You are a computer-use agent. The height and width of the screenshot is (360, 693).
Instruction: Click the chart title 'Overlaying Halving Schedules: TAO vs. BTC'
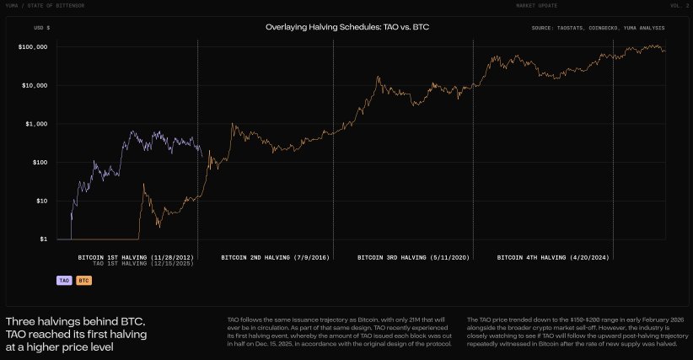(x=348, y=27)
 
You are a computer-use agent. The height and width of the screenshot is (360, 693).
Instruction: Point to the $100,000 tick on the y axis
(x=32, y=47)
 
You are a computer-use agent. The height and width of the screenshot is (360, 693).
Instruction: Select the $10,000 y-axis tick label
(x=34, y=85)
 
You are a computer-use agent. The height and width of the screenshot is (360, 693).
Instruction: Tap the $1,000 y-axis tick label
(x=35, y=124)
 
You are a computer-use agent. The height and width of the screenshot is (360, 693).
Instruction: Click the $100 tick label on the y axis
(x=37, y=163)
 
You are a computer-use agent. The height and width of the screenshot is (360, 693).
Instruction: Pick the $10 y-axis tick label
(x=40, y=201)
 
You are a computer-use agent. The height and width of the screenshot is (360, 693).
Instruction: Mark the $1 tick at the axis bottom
(x=42, y=239)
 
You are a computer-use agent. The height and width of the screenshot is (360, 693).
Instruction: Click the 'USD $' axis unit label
(x=41, y=28)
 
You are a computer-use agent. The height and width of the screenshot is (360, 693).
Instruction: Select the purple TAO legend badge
(x=63, y=279)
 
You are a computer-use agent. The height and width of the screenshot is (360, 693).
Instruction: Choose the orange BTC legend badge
(x=83, y=279)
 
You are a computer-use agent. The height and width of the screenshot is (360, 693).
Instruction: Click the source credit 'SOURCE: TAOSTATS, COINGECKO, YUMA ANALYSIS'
(x=598, y=28)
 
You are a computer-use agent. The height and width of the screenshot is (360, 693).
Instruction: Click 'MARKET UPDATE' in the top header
(x=536, y=5)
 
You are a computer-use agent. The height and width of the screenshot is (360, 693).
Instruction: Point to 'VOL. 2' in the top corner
(x=680, y=5)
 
